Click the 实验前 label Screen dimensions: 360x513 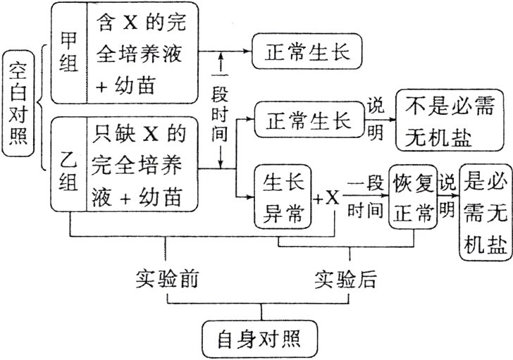166,279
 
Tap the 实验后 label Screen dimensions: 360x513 345,279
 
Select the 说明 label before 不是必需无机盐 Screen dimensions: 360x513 375,119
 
